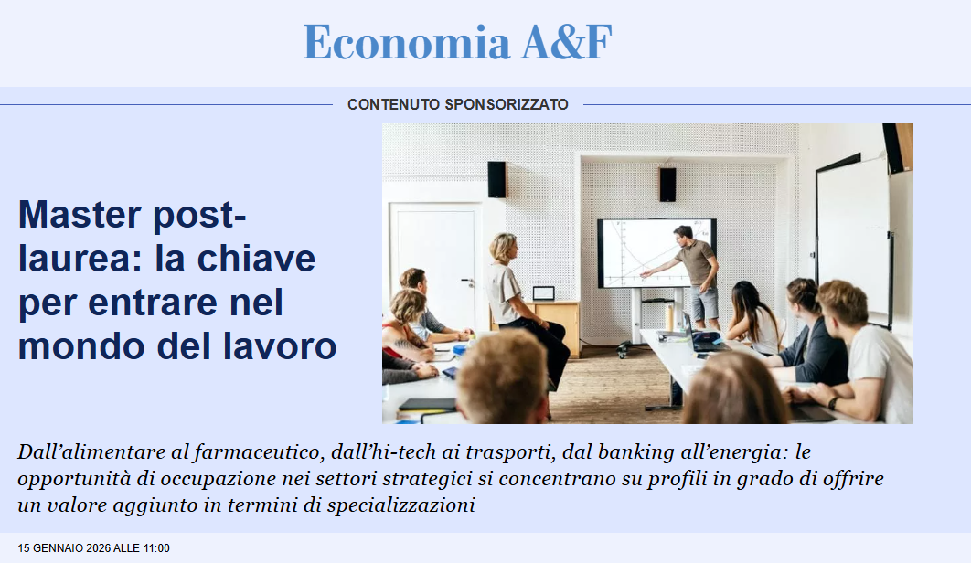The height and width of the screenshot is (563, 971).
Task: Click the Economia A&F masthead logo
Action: (458, 41)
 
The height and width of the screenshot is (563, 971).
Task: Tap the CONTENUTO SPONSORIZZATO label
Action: (458, 104)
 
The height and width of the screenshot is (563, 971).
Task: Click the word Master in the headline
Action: (80, 214)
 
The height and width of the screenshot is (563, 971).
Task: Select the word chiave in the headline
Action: (256, 259)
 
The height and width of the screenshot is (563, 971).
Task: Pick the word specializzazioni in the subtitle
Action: (400, 505)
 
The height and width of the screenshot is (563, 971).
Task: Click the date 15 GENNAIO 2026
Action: (64, 548)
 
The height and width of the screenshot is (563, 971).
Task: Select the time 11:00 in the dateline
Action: (156, 548)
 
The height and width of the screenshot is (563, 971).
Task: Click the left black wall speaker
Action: (496, 180)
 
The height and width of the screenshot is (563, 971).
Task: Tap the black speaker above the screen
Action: (667, 185)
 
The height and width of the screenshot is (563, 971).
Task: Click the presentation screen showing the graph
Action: (656, 253)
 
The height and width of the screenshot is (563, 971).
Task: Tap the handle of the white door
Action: (467, 281)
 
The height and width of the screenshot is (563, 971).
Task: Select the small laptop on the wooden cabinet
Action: (543, 293)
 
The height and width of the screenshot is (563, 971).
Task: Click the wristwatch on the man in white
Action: (834, 403)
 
